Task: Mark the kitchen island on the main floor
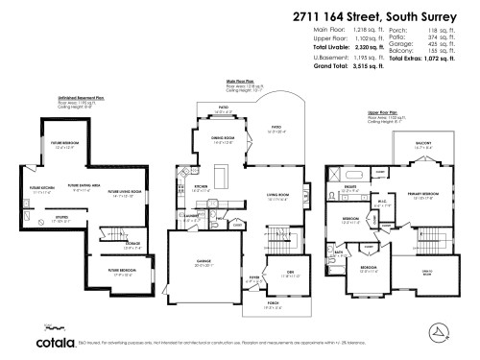(220, 177)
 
